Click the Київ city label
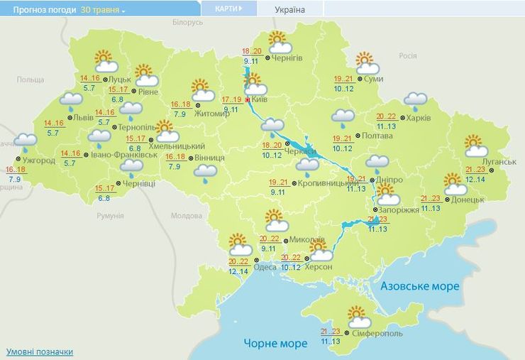[x=259, y=100]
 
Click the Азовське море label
[x=420, y=286]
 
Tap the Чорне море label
[x=275, y=343]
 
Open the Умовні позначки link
[x=40, y=351]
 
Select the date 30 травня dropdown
[x=103, y=11]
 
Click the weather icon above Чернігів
[x=277, y=42]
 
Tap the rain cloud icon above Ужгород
[x=26, y=143]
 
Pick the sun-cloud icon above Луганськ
[x=476, y=146]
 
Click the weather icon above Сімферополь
[x=358, y=316]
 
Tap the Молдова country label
[x=187, y=216]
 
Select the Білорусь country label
[x=187, y=23]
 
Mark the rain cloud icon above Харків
[x=415, y=102]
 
